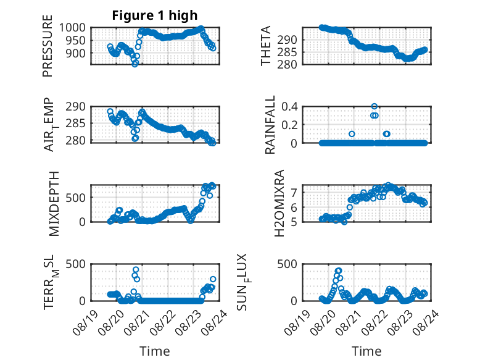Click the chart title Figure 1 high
pos(155,15)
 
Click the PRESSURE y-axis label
pos(48,46)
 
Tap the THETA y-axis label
pos(266,46)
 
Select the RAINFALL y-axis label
pos(270,125)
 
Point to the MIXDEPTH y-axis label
pos(54,204)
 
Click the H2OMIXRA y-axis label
pos(279,203)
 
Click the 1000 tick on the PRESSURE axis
pos(72,28)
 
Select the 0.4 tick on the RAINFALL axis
pos(289,107)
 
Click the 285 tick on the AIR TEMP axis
pos(76,123)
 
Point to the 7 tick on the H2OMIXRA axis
pos(294,193)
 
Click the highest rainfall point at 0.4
pos(374,106)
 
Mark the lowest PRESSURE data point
pos(134,64)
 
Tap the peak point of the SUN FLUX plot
pos(338,270)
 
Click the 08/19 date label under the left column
pos(85,322)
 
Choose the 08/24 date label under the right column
pos(426,322)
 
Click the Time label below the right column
pos(366,351)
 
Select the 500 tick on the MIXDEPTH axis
pos(76,198)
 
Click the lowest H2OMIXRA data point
pos(344,222)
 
